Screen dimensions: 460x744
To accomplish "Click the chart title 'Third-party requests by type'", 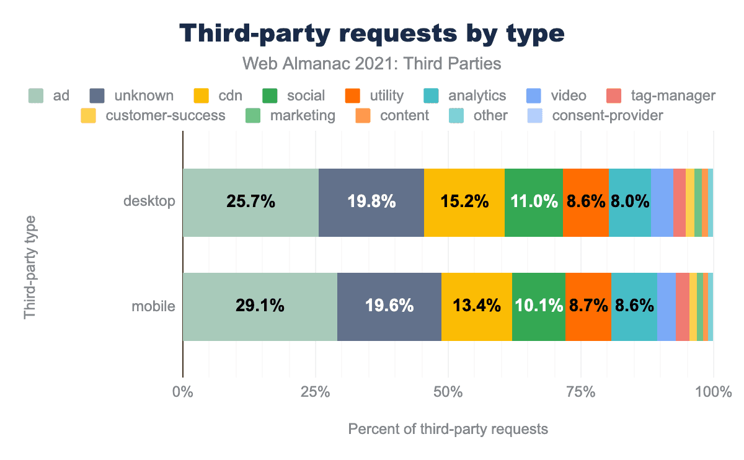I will click(x=371, y=33).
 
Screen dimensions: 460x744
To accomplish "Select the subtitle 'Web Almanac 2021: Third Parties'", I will click(x=371, y=63).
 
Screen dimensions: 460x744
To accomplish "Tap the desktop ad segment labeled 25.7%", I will click(x=250, y=201).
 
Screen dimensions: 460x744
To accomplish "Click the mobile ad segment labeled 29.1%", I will click(x=260, y=306).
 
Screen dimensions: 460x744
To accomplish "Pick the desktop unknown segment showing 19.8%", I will click(x=371, y=201).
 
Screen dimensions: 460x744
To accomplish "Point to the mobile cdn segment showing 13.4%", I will click(x=476, y=306).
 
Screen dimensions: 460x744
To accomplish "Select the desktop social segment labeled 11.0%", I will click(x=533, y=201).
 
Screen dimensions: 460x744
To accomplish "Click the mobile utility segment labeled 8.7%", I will click(x=588, y=306).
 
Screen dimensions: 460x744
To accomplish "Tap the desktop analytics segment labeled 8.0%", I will click(x=629, y=201).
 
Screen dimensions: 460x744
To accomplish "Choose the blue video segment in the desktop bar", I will click(x=662, y=201).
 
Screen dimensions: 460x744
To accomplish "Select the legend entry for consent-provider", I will click(x=595, y=115).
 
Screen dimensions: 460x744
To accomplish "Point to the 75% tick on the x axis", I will click(x=581, y=392).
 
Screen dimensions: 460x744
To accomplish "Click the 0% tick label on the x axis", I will click(x=183, y=392).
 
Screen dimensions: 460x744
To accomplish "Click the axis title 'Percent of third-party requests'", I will click(x=448, y=428).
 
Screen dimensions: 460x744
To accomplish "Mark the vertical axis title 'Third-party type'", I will click(x=30, y=267).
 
